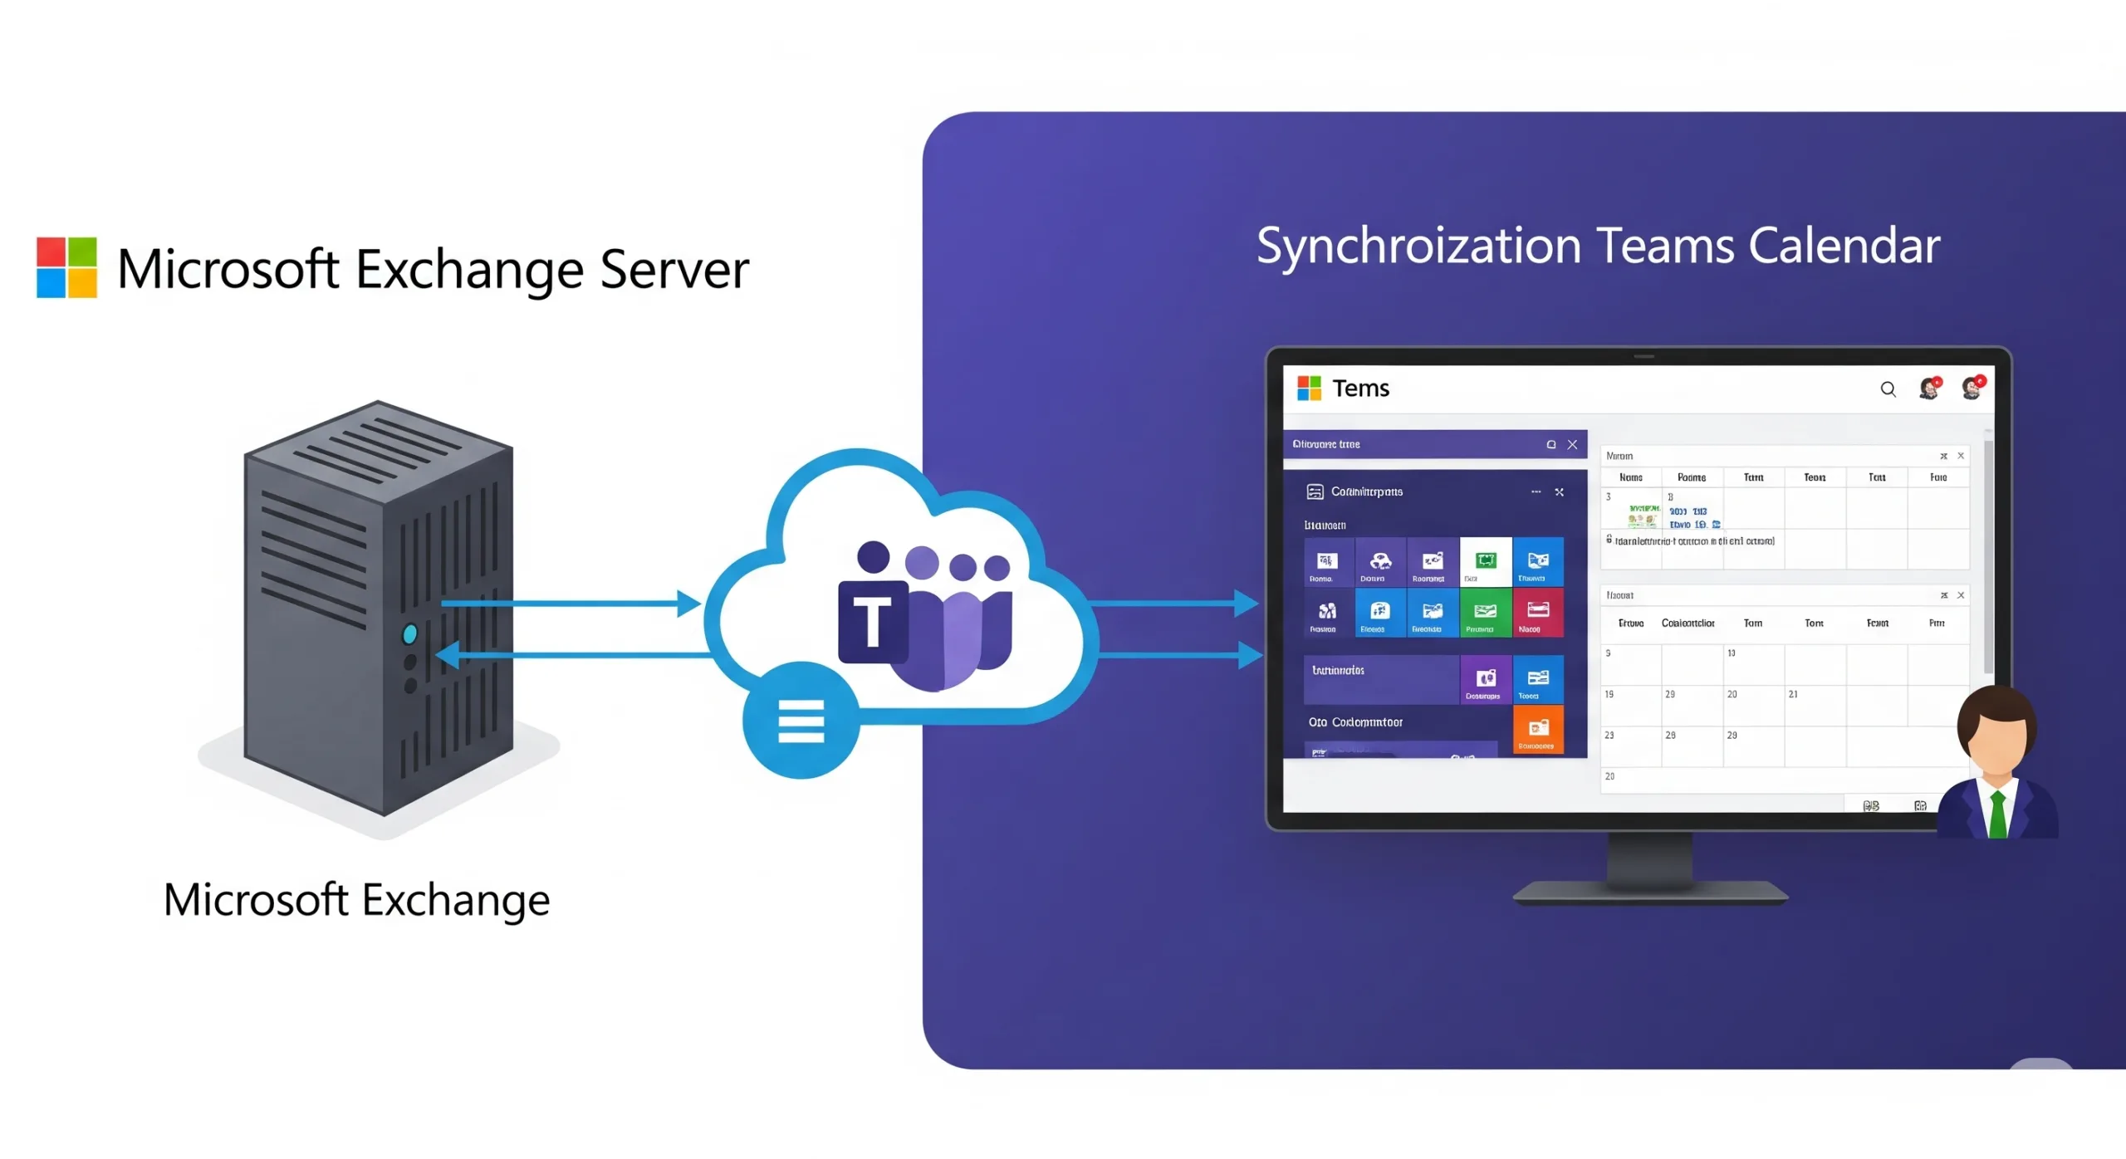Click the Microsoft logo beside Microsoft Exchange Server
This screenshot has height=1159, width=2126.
(66, 267)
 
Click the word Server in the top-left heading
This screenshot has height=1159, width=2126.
(674, 269)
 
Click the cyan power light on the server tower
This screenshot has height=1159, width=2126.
(409, 634)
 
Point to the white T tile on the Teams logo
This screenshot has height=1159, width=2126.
(872, 622)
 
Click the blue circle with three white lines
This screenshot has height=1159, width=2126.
(801, 720)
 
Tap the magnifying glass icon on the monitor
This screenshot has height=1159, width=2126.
(1888, 389)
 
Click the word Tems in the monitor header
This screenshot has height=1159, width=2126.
(1360, 389)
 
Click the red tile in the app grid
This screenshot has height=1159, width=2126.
(1538, 613)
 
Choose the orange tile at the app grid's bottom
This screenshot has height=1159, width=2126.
(1538, 730)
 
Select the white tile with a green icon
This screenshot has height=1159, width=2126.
(1486, 562)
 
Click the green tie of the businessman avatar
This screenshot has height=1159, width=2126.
(1997, 813)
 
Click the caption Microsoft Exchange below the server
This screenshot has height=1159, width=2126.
(356, 900)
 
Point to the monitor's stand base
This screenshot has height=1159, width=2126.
(1649, 893)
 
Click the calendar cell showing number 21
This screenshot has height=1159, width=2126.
(1814, 705)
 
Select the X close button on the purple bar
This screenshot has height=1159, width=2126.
(1572, 444)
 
